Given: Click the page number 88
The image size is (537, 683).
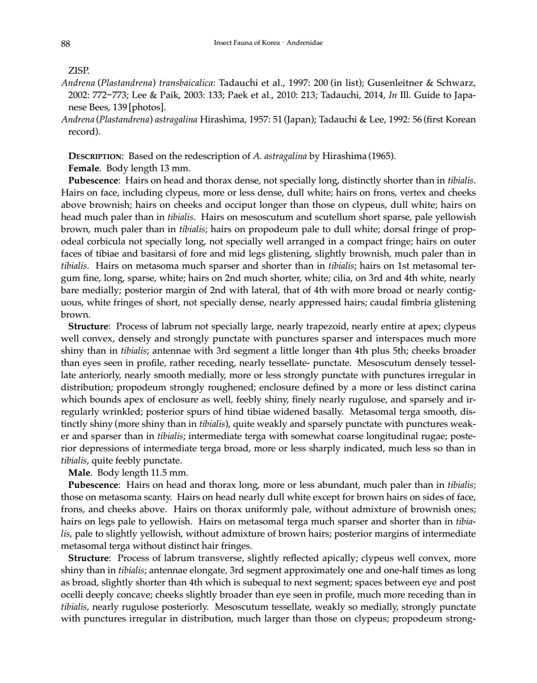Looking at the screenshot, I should pos(65,44).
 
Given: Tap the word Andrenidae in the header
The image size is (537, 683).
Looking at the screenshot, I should pos(305,43).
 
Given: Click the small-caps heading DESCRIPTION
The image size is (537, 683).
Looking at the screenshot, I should pos(95,156).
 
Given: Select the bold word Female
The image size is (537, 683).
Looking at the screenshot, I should pos(82,168).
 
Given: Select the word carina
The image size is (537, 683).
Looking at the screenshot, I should pos(462,387).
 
